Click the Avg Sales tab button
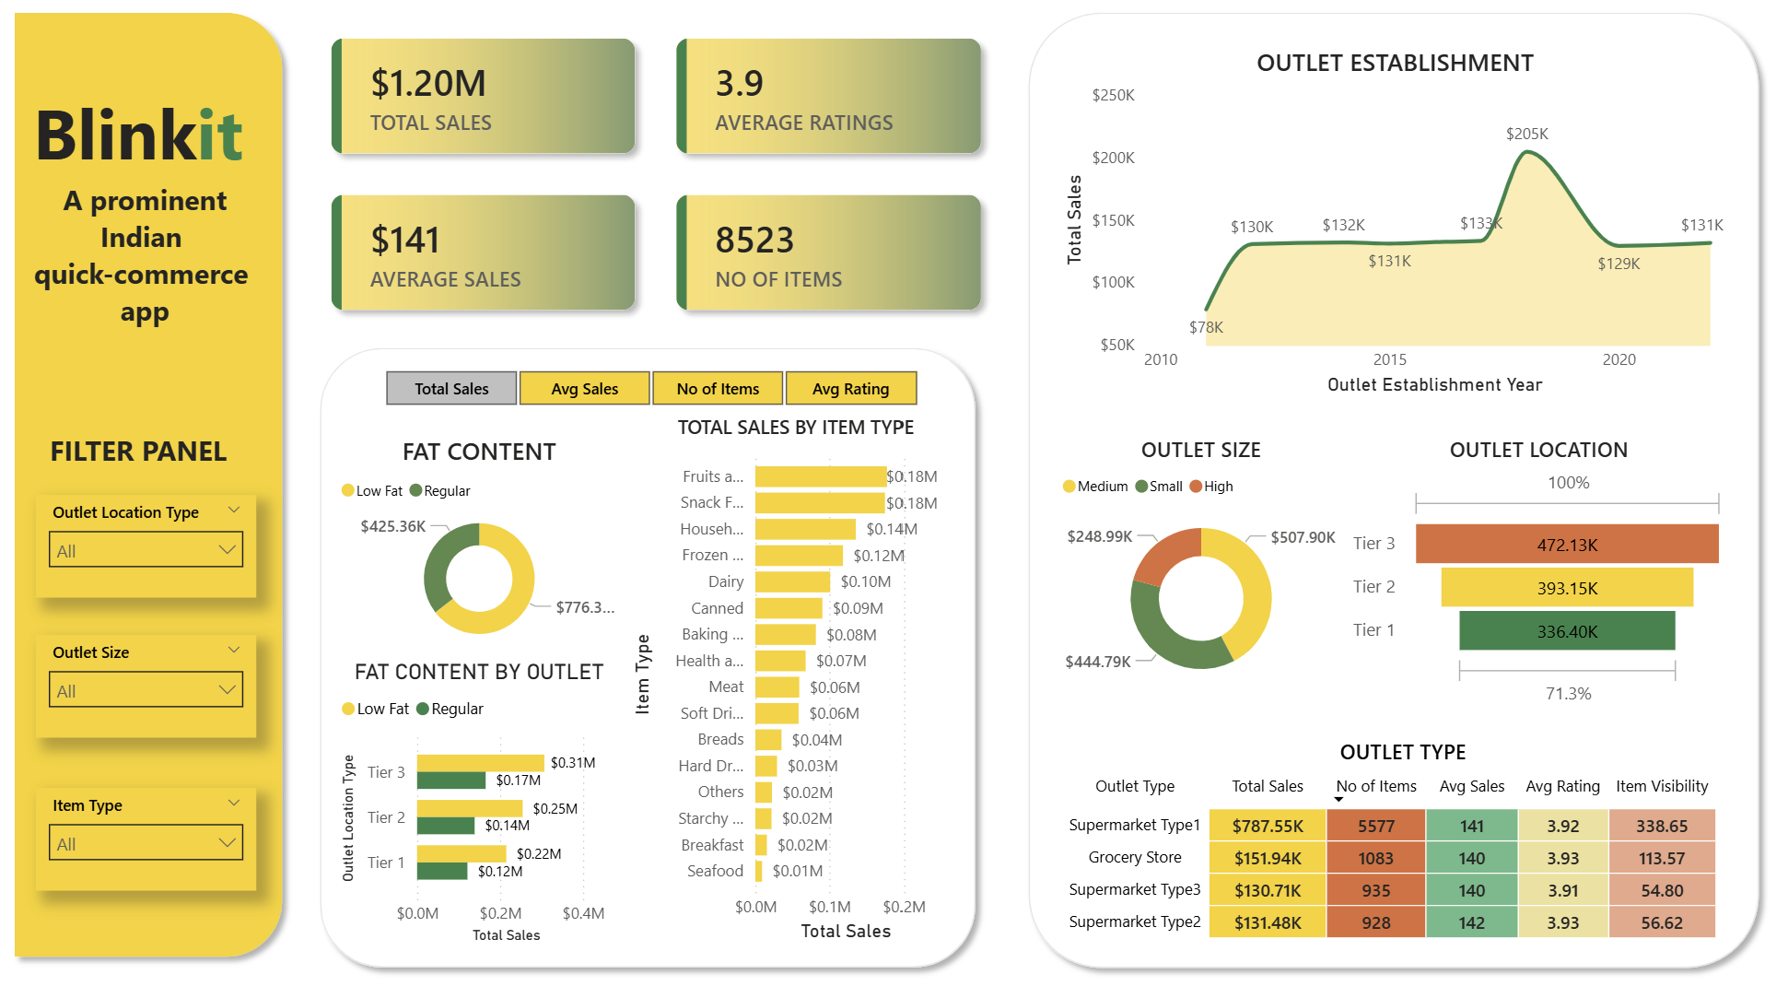[x=584, y=389]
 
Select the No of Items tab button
[x=718, y=389]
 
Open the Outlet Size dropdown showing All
[x=146, y=690]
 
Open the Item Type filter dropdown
[x=146, y=843]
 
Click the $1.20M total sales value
[x=428, y=84]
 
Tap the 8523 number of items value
[x=754, y=241]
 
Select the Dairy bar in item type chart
[x=792, y=582]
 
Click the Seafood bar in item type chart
[x=758, y=871]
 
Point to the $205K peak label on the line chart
[x=1526, y=135]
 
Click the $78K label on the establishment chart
[x=1206, y=328]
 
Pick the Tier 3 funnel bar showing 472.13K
[x=1566, y=545]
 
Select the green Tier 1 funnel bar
[x=1566, y=631]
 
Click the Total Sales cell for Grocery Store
[x=1268, y=859]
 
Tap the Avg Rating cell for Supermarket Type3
[x=1562, y=891]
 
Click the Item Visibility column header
[x=1661, y=786]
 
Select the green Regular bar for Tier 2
[x=446, y=826]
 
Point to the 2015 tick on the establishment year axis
[x=1389, y=360]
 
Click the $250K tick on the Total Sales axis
[x=1113, y=96]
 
